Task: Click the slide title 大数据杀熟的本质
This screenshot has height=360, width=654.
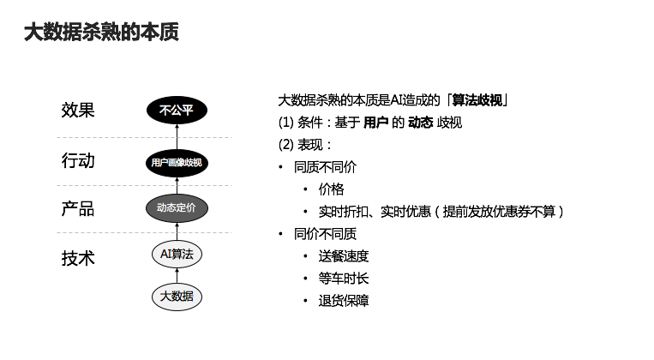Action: point(100,33)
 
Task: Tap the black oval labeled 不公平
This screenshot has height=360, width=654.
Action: point(177,111)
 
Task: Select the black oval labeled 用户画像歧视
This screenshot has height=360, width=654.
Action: point(177,161)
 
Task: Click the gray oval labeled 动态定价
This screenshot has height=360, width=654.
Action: point(177,207)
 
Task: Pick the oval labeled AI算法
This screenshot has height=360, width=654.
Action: point(177,254)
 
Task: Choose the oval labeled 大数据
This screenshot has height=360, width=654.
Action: point(177,297)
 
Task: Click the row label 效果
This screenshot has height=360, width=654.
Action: point(78,111)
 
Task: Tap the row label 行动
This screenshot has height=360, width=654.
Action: point(78,160)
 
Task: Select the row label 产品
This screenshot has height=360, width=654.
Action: point(78,208)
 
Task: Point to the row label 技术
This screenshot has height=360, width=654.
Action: point(78,256)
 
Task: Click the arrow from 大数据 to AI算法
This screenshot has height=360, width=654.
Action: point(177,274)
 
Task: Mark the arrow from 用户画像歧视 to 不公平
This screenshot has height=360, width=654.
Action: point(177,135)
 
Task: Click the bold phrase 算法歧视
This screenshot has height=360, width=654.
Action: point(477,100)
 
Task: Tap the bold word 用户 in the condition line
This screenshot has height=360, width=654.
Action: point(375,123)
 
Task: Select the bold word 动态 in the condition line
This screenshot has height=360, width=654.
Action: point(420,123)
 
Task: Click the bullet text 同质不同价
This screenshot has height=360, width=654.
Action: point(325,167)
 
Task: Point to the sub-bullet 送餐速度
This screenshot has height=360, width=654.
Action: point(343,256)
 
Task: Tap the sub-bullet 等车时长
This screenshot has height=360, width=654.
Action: point(343,279)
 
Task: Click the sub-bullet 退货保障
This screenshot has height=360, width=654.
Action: point(343,301)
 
